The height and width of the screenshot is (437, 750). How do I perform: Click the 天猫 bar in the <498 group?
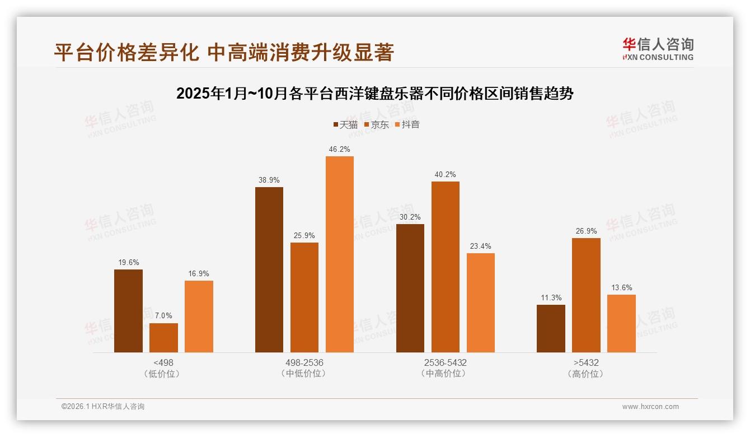pyautogui.click(x=128, y=311)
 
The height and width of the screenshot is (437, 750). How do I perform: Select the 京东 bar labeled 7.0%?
pyautogui.click(x=163, y=338)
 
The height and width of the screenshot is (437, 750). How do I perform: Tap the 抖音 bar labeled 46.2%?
pyautogui.click(x=340, y=254)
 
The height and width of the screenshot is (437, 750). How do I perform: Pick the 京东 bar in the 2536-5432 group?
pyautogui.click(x=445, y=267)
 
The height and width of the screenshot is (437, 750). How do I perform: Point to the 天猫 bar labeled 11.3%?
pyautogui.click(x=551, y=328)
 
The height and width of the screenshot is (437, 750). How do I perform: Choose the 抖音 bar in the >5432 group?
pyautogui.click(x=621, y=323)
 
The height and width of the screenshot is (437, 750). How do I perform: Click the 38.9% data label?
pyautogui.click(x=269, y=180)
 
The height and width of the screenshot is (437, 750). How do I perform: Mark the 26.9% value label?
pyautogui.click(x=586, y=231)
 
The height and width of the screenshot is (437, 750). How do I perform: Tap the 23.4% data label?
pyautogui.click(x=480, y=246)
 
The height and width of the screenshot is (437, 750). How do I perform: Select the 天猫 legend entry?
pyautogui.click(x=345, y=124)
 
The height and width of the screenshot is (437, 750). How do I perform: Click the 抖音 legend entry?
pyautogui.click(x=407, y=124)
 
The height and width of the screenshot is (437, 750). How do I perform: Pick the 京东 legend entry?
pyautogui.click(x=377, y=124)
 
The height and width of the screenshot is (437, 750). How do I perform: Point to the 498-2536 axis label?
pyautogui.click(x=304, y=362)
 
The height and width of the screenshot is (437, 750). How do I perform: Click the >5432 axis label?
pyautogui.click(x=586, y=362)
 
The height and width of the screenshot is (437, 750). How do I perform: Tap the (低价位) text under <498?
pyautogui.click(x=163, y=374)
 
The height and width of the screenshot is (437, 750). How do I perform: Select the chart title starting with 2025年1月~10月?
pyautogui.click(x=375, y=94)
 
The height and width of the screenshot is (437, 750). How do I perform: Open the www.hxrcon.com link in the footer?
pyautogui.click(x=650, y=407)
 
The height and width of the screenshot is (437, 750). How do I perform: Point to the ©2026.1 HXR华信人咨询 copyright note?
pyautogui.click(x=103, y=407)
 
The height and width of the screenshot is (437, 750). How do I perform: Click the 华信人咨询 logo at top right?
pyautogui.click(x=658, y=49)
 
